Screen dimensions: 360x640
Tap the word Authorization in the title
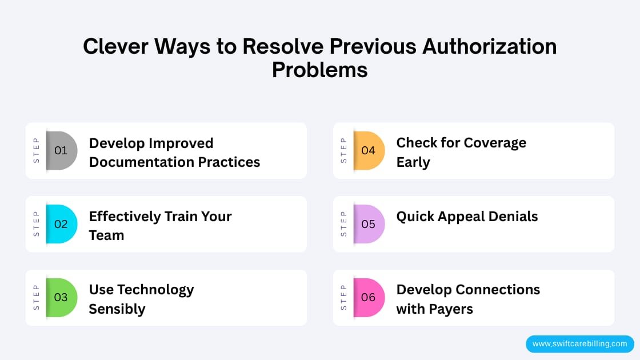pyautogui.click(x=489, y=46)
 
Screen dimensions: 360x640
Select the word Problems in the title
pyautogui.click(x=319, y=69)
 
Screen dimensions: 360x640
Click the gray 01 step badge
pyautogui.click(x=61, y=151)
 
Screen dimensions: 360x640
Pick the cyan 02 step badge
pyautogui.click(x=61, y=224)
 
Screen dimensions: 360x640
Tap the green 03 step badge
pyautogui.click(x=61, y=297)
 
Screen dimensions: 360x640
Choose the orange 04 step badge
pyautogui.click(x=369, y=151)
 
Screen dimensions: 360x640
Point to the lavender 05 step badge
pyautogui.click(x=369, y=224)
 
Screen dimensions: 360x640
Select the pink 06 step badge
pyautogui.click(x=369, y=297)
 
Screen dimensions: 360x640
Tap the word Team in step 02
pyautogui.click(x=106, y=235)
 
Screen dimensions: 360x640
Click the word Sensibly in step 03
pyautogui.click(x=117, y=309)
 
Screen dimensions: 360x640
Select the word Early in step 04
pyautogui.click(x=413, y=162)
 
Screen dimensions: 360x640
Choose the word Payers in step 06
pyautogui.click(x=451, y=309)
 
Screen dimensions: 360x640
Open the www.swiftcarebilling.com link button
pyautogui.click(x=579, y=344)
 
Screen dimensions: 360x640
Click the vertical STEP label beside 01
pyautogui.click(x=37, y=151)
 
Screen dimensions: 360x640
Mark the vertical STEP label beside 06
pyautogui.click(x=344, y=297)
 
